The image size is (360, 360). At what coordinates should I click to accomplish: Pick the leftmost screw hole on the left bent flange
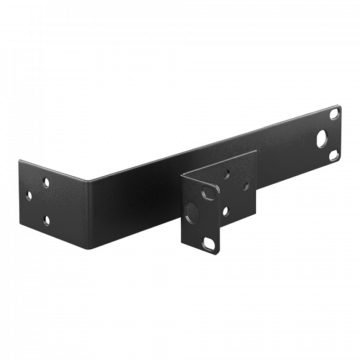[x=44, y=182]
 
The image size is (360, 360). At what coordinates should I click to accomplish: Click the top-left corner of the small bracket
[x=182, y=178]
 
